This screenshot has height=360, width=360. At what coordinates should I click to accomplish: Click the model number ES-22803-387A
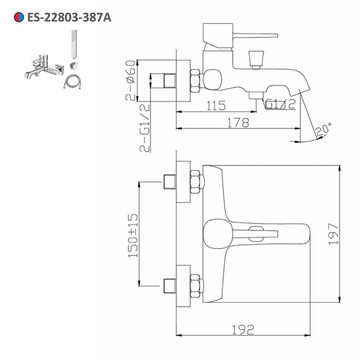69,17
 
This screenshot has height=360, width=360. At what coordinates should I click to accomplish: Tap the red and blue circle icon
19,17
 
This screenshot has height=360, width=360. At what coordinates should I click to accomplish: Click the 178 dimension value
238,123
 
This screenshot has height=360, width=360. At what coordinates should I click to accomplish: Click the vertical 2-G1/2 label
145,127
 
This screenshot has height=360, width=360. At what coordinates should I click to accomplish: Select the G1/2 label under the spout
280,104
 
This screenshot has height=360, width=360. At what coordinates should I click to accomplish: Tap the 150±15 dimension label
133,235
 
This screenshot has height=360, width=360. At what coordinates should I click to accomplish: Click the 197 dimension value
334,234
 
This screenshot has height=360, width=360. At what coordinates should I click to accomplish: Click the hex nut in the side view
195,80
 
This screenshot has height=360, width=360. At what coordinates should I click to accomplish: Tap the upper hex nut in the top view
195,182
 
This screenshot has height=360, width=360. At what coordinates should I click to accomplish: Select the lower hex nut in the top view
195,286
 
